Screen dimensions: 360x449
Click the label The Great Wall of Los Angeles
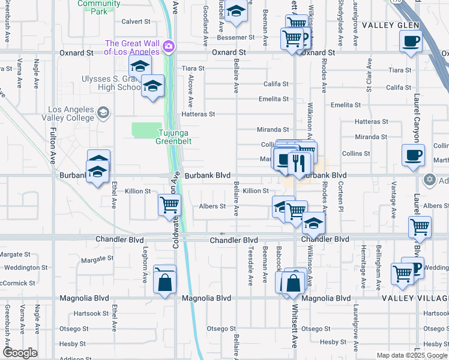pyautogui.click(x=132, y=47)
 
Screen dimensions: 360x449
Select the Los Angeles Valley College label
pyautogui.click(x=71, y=114)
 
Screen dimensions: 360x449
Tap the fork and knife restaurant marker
pyautogui.click(x=298, y=162)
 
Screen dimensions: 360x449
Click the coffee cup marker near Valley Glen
pyautogui.click(x=411, y=41)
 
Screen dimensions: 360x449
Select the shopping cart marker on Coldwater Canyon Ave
pyautogui.click(x=169, y=205)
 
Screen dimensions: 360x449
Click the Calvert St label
pyautogui.click(x=136, y=22)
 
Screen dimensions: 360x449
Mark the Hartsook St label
pyautogui.click(x=89, y=313)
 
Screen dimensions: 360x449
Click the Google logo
pyautogui.click(x=20, y=352)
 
